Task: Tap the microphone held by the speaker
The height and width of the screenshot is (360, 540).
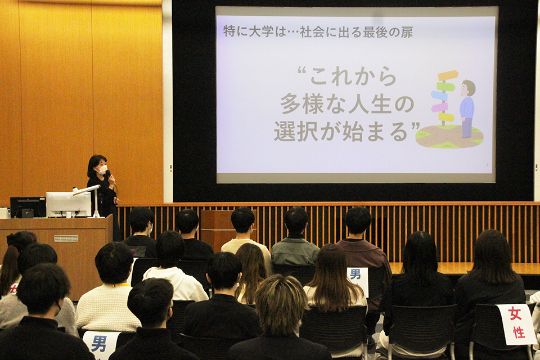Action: [x=109, y=174]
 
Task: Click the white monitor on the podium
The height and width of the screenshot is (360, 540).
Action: [x=69, y=204]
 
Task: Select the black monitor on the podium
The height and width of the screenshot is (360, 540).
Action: [x=28, y=206]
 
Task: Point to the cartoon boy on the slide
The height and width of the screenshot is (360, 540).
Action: [x=467, y=109]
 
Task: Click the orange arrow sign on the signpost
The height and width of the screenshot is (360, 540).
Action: [x=448, y=75]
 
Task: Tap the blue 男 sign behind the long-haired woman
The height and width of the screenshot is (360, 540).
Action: [x=358, y=279]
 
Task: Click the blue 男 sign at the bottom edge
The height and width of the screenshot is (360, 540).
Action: [x=100, y=344]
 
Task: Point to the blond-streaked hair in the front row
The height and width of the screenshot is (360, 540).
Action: [x=281, y=303]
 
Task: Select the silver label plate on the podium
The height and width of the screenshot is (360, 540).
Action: [x=66, y=238]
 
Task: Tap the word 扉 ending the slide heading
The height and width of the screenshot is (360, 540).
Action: [x=407, y=31]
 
